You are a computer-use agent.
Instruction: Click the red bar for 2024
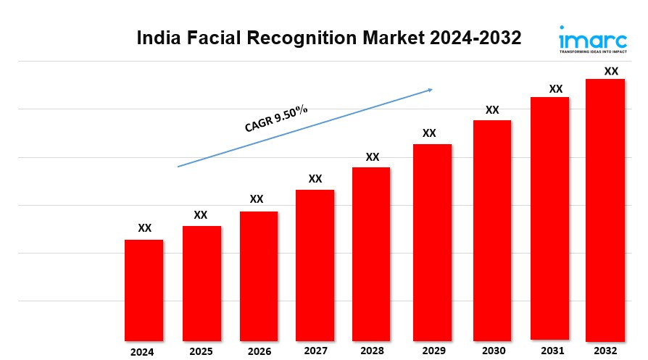click(x=144, y=290)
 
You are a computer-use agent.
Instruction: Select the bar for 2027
click(x=315, y=264)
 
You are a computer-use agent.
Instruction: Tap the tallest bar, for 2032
click(x=605, y=210)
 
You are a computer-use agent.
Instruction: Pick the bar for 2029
click(x=432, y=242)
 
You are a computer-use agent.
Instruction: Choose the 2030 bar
click(x=492, y=230)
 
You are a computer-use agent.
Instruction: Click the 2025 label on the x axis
click(x=202, y=351)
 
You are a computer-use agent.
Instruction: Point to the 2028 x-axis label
click(x=371, y=351)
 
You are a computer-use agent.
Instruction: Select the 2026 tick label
click(x=259, y=351)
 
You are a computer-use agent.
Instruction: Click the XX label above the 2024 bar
click(x=145, y=228)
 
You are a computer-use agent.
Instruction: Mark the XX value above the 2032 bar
click(x=611, y=71)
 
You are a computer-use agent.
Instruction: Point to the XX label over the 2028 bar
click(x=373, y=156)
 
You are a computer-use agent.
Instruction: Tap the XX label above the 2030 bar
click(x=492, y=110)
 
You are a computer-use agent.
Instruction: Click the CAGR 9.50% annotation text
click(x=276, y=119)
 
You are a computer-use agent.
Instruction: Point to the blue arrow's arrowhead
click(x=430, y=90)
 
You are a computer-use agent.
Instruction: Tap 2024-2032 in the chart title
click(x=475, y=38)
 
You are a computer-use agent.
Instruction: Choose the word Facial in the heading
click(x=212, y=38)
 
